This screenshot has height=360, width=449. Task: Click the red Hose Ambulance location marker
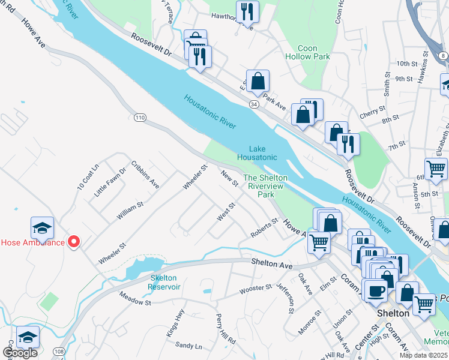coord(74,242)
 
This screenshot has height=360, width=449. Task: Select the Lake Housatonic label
coord(257,153)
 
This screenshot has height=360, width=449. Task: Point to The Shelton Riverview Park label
coord(265,186)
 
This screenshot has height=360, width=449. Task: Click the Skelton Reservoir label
coord(165,283)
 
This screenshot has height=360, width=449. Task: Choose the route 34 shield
coord(254,104)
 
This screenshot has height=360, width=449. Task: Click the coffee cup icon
coord(376,290)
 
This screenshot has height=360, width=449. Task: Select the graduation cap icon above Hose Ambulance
coord(43,227)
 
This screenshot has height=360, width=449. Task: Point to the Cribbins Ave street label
coord(145,175)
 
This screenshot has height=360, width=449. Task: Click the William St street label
coord(130,212)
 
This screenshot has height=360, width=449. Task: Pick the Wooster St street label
coord(256,288)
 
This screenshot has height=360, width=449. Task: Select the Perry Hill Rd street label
coord(226,329)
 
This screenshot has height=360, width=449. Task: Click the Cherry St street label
coord(373,111)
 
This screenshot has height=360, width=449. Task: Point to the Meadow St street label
coord(134,298)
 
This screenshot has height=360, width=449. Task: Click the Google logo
coord(20,353)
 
